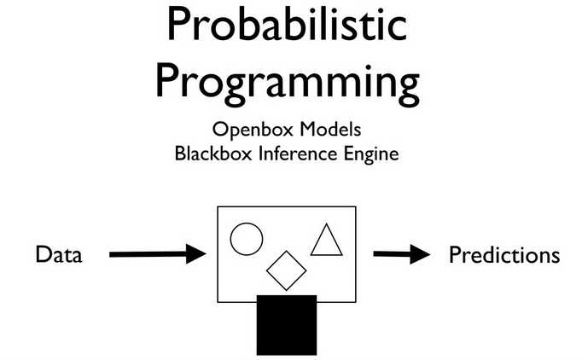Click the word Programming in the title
288,83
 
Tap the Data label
59,254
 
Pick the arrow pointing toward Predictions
400,253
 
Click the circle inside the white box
247,238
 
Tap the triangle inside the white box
326,241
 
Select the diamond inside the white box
286,270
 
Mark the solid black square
287,324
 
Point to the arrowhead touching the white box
197,253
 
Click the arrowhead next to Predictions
418,253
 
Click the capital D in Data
42,254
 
